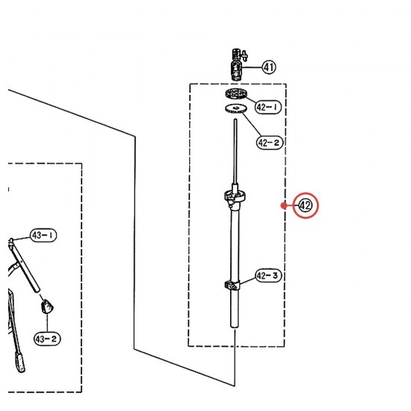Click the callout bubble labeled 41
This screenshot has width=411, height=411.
click(269, 67)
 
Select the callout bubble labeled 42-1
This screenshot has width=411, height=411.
click(268, 107)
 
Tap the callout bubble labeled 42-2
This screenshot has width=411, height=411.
click(270, 143)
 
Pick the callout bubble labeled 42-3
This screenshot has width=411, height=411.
click(268, 276)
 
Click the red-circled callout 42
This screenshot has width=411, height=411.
click(306, 205)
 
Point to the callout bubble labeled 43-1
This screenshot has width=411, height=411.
click(43, 235)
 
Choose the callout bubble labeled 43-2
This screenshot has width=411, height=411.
click(47, 339)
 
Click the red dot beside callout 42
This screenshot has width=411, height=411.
click(283, 205)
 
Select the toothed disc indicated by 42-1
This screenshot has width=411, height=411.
click(236, 93)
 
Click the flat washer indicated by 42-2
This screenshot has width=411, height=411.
click(236, 108)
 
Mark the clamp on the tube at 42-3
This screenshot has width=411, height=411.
click(232, 285)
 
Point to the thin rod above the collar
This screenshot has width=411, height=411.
click(235, 152)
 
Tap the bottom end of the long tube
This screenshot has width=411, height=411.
click(235, 327)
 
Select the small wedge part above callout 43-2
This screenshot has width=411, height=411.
click(47, 306)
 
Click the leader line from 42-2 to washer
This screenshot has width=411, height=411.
click(252, 125)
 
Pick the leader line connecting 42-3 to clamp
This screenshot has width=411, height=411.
click(248, 280)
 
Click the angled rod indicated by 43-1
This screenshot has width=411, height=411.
click(25, 265)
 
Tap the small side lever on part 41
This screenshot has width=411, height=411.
click(245, 55)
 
